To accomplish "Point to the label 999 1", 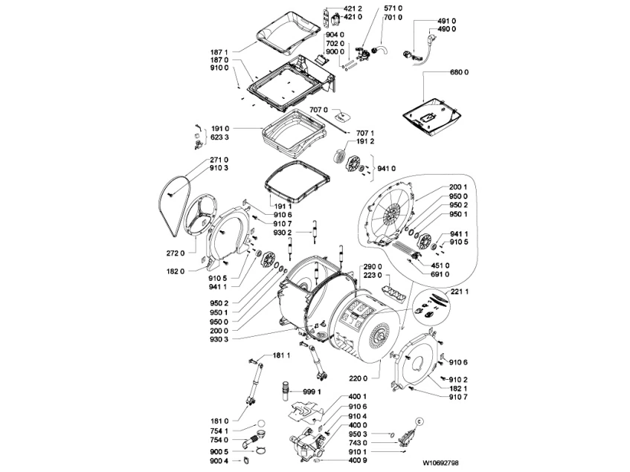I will (312, 391).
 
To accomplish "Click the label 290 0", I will (373, 267).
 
